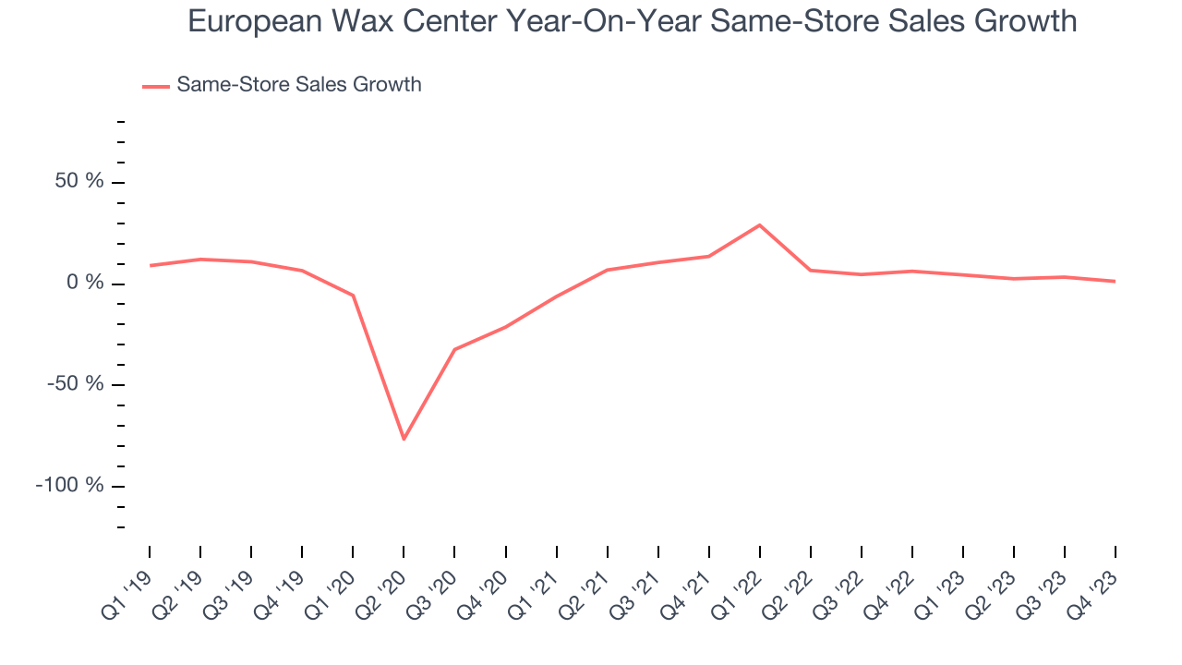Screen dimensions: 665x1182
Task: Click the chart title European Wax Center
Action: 633,20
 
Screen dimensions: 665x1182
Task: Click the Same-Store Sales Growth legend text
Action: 298,84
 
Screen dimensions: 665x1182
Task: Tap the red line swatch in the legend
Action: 156,86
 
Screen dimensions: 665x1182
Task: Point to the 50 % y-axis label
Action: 79,182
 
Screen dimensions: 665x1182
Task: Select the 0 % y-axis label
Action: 85,283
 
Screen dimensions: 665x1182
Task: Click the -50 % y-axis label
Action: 76,384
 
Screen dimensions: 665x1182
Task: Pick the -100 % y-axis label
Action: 70,486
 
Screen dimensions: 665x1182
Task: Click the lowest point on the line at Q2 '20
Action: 404,439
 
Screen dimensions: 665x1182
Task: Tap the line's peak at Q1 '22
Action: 760,224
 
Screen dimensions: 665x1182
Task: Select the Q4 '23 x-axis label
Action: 1098,582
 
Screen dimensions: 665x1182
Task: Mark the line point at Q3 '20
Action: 454,349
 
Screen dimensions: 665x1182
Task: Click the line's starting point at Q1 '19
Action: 150,265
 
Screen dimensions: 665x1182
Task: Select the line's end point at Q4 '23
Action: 1115,281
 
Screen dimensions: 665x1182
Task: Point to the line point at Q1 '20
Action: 353,296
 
